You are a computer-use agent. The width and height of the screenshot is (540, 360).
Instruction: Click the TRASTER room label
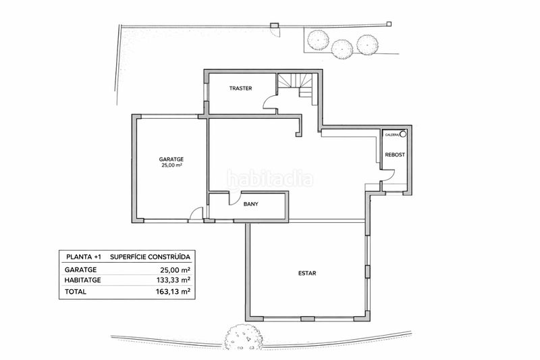tap(241, 88)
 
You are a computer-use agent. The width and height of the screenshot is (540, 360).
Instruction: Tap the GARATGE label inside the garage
tap(171, 159)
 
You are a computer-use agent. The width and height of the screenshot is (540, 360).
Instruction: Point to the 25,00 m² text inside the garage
tap(171, 165)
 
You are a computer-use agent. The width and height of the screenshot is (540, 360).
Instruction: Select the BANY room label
tap(250, 204)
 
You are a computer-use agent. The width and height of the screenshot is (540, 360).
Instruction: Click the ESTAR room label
tap(307, 274)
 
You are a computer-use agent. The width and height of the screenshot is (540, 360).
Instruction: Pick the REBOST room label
tap(395, 155)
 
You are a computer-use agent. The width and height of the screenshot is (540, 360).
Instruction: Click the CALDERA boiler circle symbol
tap(402, 134)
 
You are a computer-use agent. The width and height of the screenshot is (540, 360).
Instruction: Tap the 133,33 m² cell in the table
tap(173, 280)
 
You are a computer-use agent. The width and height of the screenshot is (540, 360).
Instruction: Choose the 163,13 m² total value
tap(173, 292)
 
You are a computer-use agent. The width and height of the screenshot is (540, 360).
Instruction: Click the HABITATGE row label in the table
tap(82, 280)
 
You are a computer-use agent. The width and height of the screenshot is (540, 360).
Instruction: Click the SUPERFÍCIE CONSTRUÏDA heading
tap(150, 257)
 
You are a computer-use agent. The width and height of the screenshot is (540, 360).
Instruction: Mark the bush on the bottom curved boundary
tap(244, 337)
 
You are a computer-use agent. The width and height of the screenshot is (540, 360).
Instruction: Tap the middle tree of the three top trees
tap(342, 49)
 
